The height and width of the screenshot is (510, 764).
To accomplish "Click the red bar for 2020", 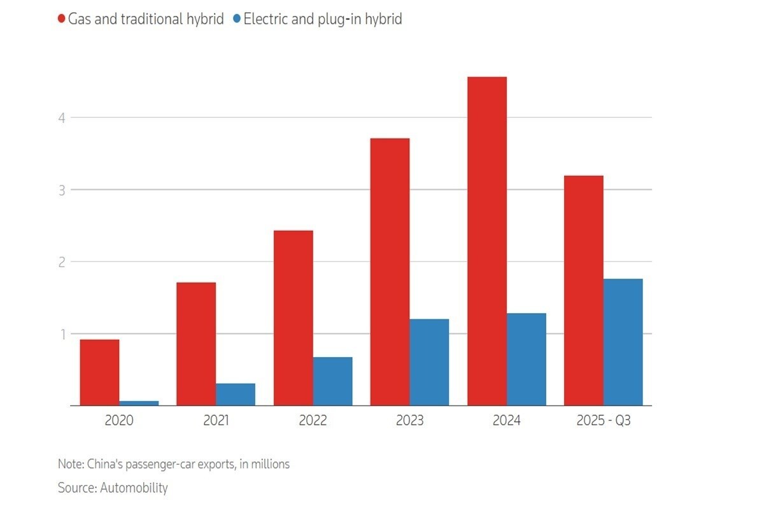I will pos(99,372).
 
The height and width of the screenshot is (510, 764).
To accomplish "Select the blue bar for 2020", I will pos(139,403).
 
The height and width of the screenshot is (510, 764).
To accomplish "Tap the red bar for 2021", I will pos(196,344).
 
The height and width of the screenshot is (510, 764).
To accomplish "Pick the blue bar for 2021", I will pos(236,394).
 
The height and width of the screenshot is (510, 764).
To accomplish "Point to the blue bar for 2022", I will pos(332,381).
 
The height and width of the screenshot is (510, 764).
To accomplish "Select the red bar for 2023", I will pos(390,272).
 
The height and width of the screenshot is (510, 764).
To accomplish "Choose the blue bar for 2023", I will pos(429,362).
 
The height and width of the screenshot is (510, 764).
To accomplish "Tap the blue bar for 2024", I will pos(527,359).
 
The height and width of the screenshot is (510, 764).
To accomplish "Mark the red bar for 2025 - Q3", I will pos(584,290).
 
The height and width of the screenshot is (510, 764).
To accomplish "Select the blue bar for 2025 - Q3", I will pos(623,342).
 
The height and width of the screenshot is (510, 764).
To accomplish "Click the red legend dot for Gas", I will pos(62,19).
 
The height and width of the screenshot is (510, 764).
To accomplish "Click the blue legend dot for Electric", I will pos(236,19).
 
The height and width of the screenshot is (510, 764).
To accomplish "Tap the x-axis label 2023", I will pos(409,421).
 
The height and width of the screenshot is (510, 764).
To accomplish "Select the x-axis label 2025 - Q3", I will pos(603,421).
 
